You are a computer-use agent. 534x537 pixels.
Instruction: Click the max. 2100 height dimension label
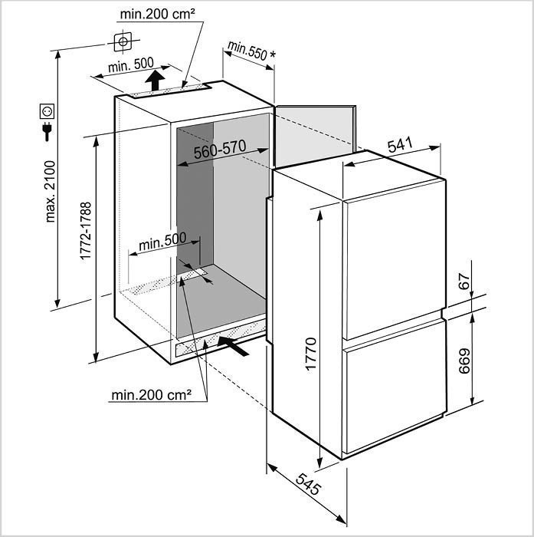coord(51,192)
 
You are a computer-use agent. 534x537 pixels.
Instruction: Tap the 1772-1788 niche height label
coord(86,231)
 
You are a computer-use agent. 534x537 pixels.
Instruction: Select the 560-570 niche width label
coord(220,150)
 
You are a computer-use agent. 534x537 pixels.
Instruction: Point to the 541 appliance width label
coord(400,145)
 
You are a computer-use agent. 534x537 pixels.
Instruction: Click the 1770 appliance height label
coord(311,354)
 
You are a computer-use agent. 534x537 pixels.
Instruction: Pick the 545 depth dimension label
coord(309,484)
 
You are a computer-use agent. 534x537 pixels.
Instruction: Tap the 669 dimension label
coord(464,361)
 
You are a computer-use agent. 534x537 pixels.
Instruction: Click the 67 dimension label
coord(464,282)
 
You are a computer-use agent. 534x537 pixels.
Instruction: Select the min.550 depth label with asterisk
coord(251,51)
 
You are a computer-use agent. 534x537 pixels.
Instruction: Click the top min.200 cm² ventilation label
coord(158,15)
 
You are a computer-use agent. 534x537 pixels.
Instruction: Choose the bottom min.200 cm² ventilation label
coord(151,395)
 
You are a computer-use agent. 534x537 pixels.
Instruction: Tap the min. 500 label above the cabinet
coord(131,64)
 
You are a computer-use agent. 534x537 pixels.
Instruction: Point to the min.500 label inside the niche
coord(162,242)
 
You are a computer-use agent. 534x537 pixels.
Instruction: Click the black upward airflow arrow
coord(155,80)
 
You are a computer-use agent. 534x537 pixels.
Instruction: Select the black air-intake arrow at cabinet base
coord(233,346)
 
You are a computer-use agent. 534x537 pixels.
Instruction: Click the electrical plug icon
coord(47,131)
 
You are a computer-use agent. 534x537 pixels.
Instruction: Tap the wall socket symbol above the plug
coord(47,111)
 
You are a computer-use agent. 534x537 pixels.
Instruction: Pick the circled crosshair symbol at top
coord(123,41)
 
